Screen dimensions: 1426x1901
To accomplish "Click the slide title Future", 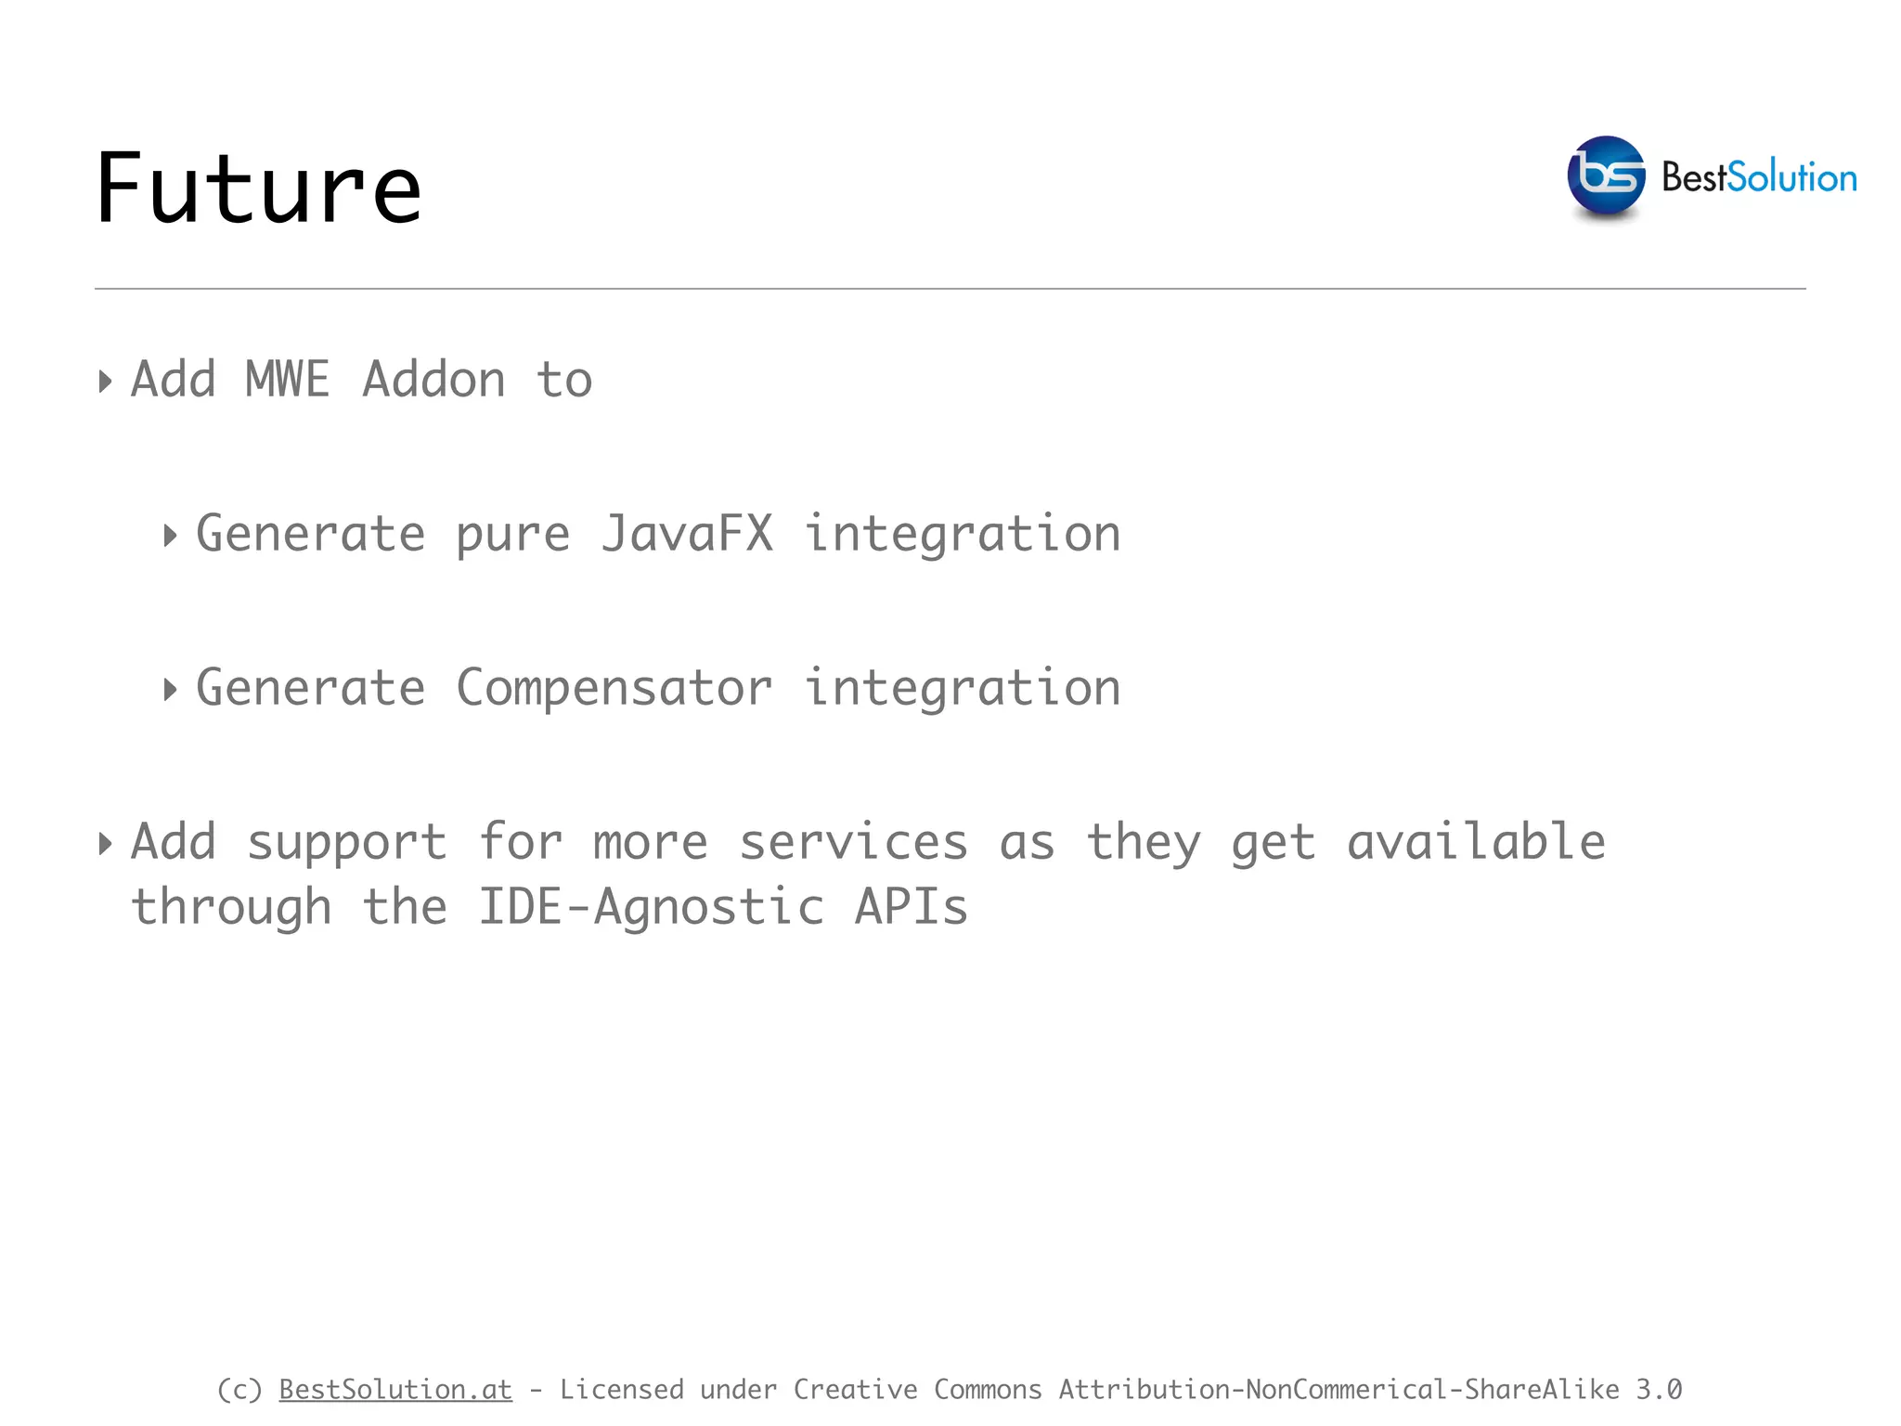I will coord(258,189).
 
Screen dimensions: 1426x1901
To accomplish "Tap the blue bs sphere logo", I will coord(1606,175).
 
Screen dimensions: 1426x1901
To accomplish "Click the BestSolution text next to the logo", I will coord(1758,177).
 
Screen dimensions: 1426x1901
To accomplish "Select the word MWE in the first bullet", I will coord(287,380).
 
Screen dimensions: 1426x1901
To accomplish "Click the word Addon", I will coord(433,380).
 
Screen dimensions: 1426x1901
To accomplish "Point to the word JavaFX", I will coord(687,534).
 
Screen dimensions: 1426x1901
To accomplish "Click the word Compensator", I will coord(614,688).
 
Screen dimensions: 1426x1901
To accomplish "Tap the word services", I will coord(853,842).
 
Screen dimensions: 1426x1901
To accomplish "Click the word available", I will coord(1476,842).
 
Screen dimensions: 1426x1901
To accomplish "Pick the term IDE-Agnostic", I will coord(651,907).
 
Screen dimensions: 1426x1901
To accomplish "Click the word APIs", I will coord(911,907).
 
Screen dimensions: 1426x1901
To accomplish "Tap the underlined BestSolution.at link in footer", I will coord(395,1389).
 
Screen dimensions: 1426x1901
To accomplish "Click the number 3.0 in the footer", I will coord(1659,1389).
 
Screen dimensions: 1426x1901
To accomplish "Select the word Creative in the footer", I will coord(855,1389).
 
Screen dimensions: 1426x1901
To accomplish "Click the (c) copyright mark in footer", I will coord(239,1389).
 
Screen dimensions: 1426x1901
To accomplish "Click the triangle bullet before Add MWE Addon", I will coord(105,382).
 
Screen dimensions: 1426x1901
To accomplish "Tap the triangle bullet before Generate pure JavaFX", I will coord(170,536).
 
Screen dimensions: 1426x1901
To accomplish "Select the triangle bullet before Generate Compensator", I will coord(170,690).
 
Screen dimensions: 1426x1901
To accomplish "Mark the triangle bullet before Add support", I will coord(105,844).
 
